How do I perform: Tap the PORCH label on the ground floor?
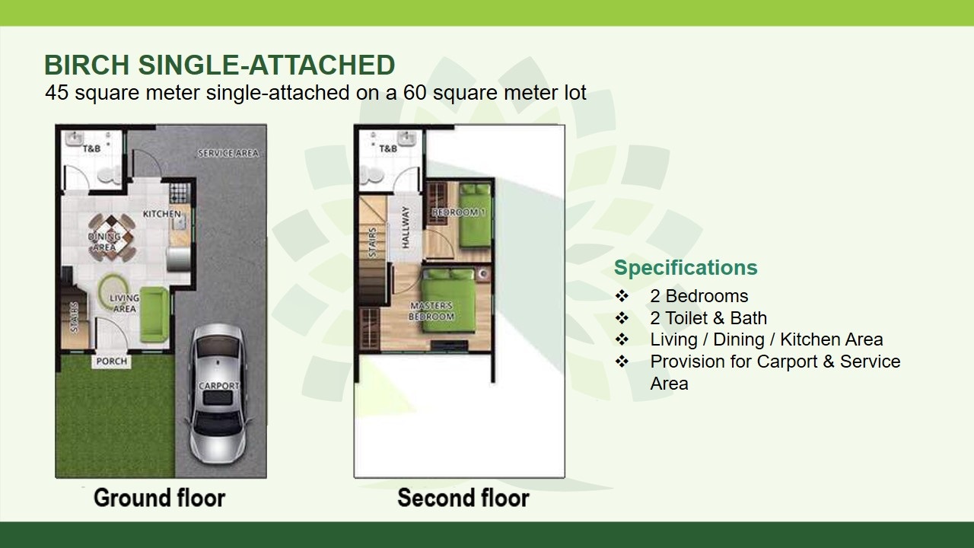pyautogui.click(x=112, y=361)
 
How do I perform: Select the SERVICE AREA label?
pyautogui.click(x=228, y=153)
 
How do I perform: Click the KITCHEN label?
pyautogui.click(x=162, y=214)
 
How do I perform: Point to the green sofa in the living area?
pyautogui.click(x=154, y=314)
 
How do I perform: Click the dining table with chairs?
pyautogui.click(x=111, y=237)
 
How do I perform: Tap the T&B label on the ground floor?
pyautogui.click(x=91, y=148)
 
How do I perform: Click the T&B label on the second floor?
pyautogui.click(x=388, y=148)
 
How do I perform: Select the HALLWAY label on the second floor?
pyautogui.click(x=406, y=228)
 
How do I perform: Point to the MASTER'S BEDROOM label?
pyautogui.click(x=431, y=311)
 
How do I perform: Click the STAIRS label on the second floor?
pyautogui.click(x=373, y=243)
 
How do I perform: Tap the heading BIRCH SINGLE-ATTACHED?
pyautogui.click(x=220, y=65)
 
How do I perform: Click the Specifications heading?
pyautogui.click(x=686, y=267)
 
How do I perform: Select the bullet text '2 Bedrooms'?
pyautogui.click(x=699, y=296)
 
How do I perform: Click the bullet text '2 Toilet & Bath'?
pyautogui.click(x=708, y=318)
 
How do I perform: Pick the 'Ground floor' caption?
pyautogui.click(x=160, y=498)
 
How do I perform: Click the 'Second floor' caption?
pyautogui.click(x=463, y=498)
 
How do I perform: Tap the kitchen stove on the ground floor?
pyautogui.click(x=180, y=193)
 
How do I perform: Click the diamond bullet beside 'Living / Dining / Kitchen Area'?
pyautogui.click(x=622, y=339)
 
